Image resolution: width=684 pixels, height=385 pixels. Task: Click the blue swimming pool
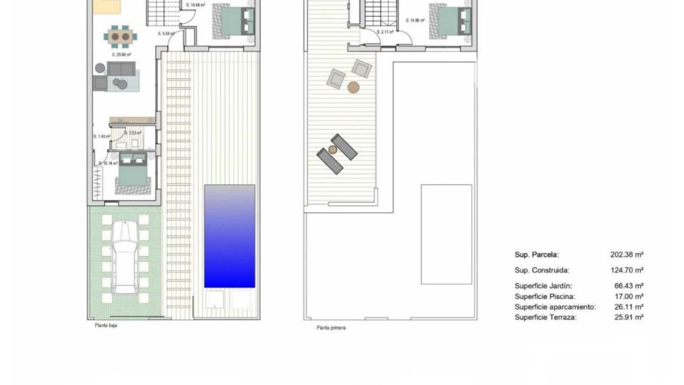pyautogui.click(x=229, y=236)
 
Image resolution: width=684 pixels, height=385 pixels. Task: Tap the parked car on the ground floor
pyautogui.click(x=124, y=257)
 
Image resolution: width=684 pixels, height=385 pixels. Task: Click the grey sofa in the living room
pyautogui.click(x=121, y=69)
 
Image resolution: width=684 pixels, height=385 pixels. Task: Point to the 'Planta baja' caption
pyautogui.click(x=105, y=326)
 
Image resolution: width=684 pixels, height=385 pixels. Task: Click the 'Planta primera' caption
pyautogui.click(x=331, y=328)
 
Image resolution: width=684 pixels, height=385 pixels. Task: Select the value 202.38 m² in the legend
pyautogui.click(x=626, y=255)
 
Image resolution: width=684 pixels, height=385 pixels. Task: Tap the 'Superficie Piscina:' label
pyautogui.click(x=545, y=297)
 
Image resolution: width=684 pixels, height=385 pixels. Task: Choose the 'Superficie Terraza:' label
pyautogui.click(x=545, y=317)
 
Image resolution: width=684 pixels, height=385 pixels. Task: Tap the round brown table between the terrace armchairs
pyautogui.click(x=353, y=87)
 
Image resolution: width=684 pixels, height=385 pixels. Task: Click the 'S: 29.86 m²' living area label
pyautogui.click(x=121, y=55)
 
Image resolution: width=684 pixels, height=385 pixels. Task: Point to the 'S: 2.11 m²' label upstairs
pyautogui.click(x=385, y=32)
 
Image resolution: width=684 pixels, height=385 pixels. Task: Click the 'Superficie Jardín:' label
pyautogui.click(x=543, y=286)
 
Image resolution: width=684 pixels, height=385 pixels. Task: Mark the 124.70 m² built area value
pyautogui.click(x=626, y=270)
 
